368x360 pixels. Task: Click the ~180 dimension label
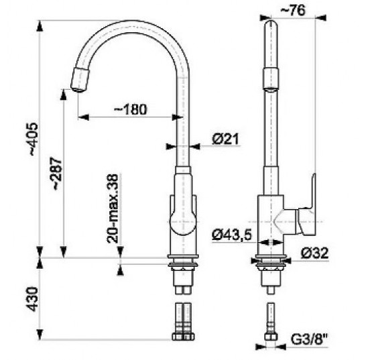pos(130,109)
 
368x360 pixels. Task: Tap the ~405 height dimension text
pos(34,139)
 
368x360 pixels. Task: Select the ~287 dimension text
pos(57,174)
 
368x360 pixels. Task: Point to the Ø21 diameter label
pos(225,139)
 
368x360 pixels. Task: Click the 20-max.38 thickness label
pos(112,208)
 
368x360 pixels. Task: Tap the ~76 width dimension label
pos(293,10)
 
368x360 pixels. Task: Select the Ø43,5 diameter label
pos(232,234)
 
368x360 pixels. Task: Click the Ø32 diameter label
pos(314,253)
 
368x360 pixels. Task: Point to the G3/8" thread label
pos(309,339)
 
